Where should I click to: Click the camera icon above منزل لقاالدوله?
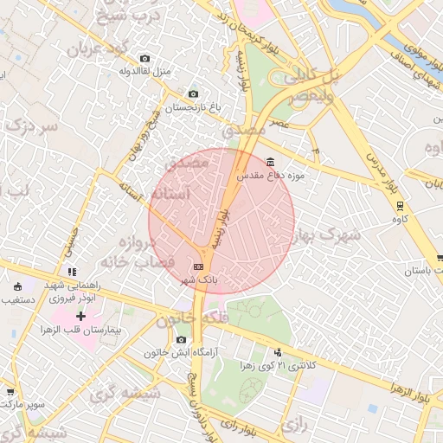click(x=144, y=58)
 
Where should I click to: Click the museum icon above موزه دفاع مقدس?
click(x=272, y=162)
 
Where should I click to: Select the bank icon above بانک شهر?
click(x=200, y=266)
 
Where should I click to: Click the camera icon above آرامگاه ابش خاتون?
click(x=181, y=340)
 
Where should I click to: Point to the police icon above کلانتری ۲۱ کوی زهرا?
click(x=278, y=352)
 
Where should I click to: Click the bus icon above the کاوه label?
click(x=400, y=206)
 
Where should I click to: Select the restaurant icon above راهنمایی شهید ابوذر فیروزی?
click(x=73, y=272)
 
